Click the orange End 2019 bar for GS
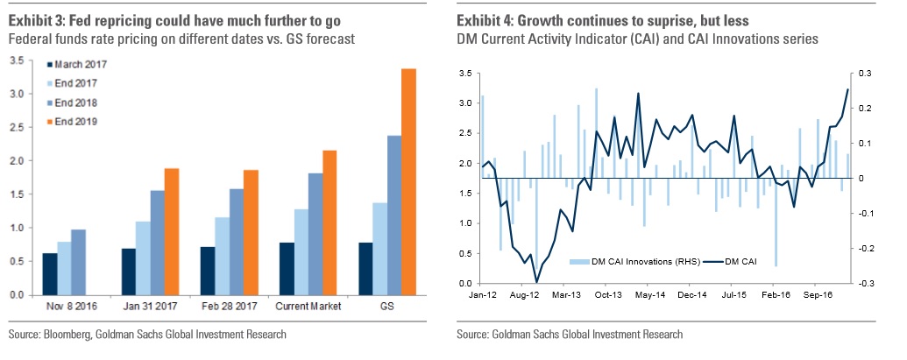(x=408, y=181)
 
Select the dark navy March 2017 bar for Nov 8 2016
(x=50, y=273)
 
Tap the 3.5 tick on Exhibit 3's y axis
(x=17, y=60)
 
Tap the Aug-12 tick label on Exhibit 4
(x=522, y=297)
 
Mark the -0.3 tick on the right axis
(x=867, y=283)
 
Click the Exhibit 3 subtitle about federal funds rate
(x=177, y=39)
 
